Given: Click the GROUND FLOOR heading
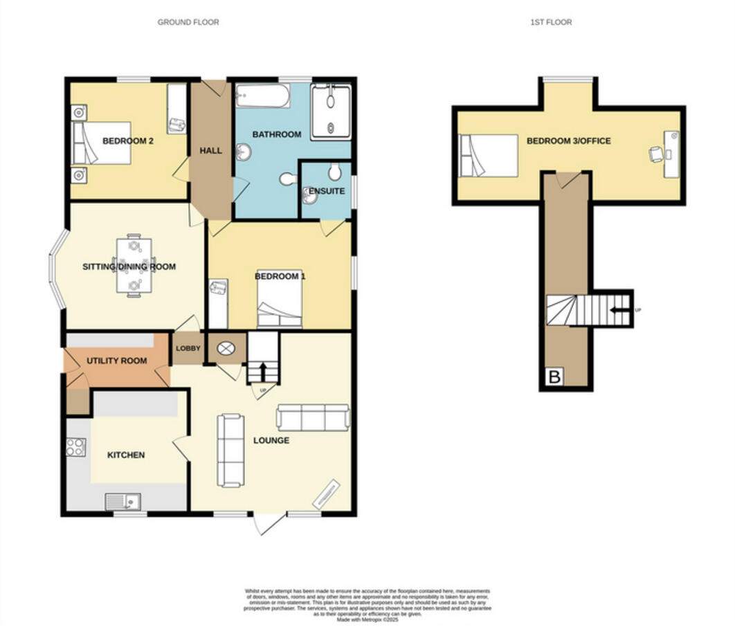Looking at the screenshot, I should [x=188, y=22].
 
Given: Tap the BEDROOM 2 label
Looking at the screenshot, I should [x=128, y=140].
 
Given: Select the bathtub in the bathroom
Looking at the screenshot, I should [x=263, y=96].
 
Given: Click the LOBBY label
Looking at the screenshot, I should [x=187, y=349].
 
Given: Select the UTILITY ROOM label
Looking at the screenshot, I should [x=116, y=361].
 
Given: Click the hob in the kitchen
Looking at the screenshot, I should [x=75, y=447].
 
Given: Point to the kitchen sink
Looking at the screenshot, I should [x=122, y=502].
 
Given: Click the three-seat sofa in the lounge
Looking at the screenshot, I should [x=312, y=417].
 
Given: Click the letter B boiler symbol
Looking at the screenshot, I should [x=554, y=378].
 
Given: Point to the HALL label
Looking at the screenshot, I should [x=210, y=150].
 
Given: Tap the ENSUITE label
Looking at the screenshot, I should [x=326, y=191].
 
